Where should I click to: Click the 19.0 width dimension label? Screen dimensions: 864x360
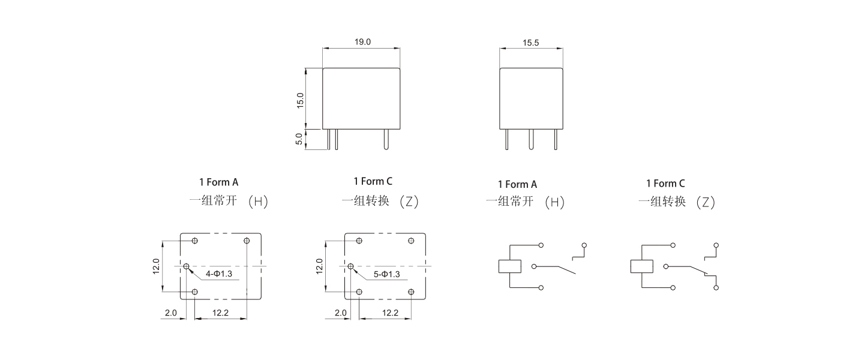click(x=362, y=41)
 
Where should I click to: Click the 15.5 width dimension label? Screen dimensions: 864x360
click(x=531, y=43)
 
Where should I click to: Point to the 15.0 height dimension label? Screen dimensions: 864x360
click(x=300, y=100)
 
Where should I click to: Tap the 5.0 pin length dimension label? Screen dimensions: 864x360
click(x=299, y=139)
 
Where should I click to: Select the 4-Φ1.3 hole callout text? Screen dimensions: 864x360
click(x=218, y=274)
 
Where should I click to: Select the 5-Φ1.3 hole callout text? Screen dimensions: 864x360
click(x=386, y=274)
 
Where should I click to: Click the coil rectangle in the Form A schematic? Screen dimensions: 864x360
click(x=510, y=266)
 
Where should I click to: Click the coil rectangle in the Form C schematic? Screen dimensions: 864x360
click(x=642, y=266)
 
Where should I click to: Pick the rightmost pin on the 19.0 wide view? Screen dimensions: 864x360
click(x=386, y=139)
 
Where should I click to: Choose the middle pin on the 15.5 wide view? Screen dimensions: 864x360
click(x=531, y=139)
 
